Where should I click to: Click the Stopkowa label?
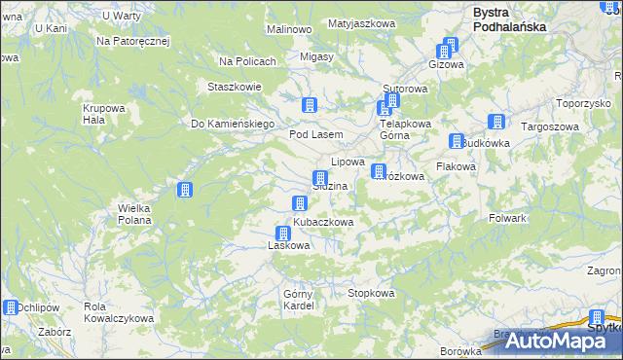coord(371,293)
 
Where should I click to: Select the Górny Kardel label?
coord(298,300)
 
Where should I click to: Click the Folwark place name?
coord(508,218)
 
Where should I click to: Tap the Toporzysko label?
coord(582,102)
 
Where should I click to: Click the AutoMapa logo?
coord(551,341)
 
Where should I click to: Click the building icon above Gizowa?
coord(449,46)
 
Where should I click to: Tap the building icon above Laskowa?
coord(283,234)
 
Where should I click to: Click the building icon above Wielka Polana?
coord(184,191)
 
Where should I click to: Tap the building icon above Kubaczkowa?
coord(299,202)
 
